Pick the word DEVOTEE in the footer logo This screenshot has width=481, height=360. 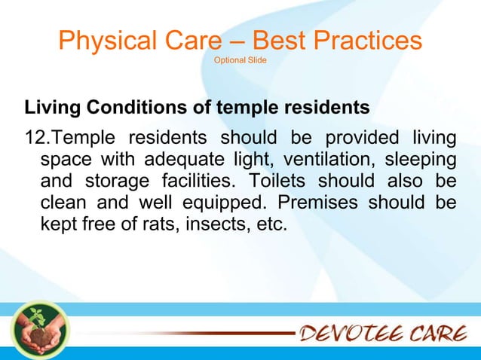coord(357,332)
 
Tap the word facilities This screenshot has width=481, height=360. coord(195,182)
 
